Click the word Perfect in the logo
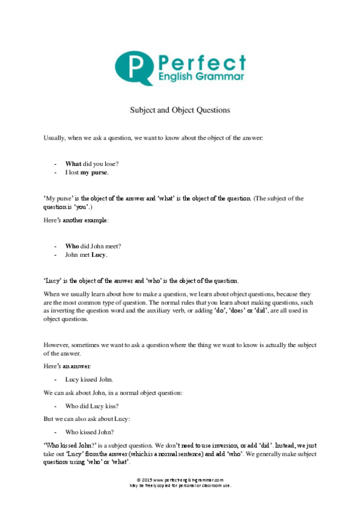point(201,63)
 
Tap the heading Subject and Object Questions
point(180,110)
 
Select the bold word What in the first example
point(73,164)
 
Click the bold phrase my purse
point(94,173)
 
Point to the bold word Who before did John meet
point(72,245)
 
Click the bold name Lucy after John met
point(98,254)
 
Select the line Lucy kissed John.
point(88,379)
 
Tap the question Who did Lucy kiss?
point(91,406)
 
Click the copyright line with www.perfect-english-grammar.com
point(180,479)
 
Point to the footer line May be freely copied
point(180,485)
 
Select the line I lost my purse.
point(87,173)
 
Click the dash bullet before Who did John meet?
point(55,245)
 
